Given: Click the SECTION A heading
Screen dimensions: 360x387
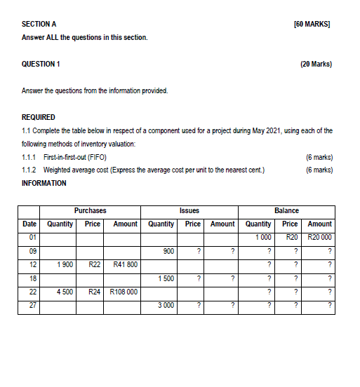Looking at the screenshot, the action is pos(39,24).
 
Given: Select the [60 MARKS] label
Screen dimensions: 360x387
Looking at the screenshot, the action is pos(313,24).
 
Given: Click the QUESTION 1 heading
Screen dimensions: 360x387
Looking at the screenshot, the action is pos(41,64).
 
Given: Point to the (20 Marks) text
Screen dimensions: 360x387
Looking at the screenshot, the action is pos(316,64).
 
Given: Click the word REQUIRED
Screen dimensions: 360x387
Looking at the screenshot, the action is pos(39,117).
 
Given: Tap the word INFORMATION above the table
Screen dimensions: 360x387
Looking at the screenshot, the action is pos(44,183).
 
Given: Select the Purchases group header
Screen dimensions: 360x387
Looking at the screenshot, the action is pos(91,210).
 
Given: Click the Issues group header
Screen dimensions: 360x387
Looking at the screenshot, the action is pos(189,210).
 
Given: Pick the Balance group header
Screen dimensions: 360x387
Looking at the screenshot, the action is pos(286,210).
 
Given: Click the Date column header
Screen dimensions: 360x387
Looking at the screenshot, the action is pos(29,224).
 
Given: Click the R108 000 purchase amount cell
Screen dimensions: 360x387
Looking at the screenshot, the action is pos(123,292).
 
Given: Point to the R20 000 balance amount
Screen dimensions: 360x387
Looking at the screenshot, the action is pos(320,238).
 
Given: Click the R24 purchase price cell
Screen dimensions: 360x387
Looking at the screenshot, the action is pos(95,292).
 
